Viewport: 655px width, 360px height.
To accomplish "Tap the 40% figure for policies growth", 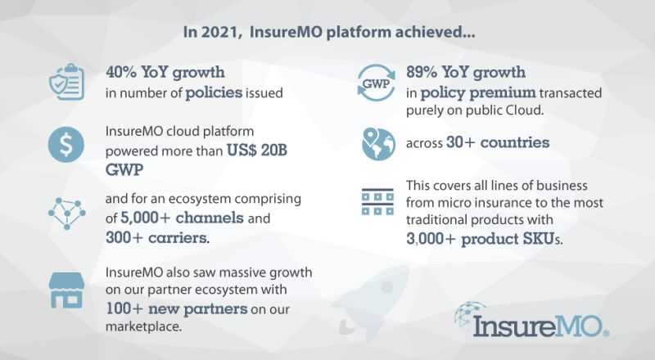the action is pos(121,72).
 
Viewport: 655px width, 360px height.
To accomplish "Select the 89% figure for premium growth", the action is pos(422,72).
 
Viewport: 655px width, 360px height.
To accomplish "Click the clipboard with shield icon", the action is pos(67,82).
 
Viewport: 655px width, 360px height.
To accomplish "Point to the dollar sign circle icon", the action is pos(66,145).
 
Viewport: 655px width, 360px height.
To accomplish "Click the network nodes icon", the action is pos(67,214).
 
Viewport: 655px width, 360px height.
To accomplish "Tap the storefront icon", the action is pos(66,290).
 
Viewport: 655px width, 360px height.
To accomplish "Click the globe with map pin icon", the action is pos(378,144).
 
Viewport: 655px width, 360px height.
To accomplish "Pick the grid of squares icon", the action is pos(377,202).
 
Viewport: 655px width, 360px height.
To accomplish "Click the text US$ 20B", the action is pos(257,151).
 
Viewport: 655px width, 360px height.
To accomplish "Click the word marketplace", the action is pos(144,326).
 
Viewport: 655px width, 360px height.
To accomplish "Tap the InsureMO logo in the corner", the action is pos(531,321).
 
